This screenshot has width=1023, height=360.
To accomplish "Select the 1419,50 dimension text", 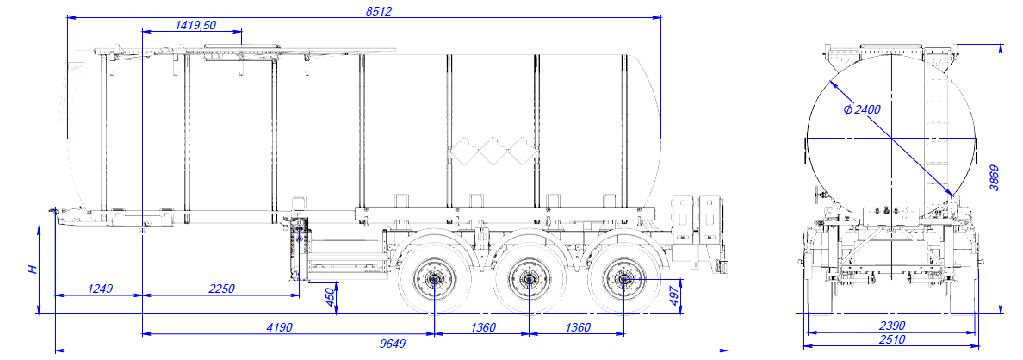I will [x=195, y=26].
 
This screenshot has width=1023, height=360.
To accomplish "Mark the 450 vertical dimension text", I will [x=329, y=296].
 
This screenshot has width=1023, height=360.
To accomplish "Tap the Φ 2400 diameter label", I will [x=862, y=109].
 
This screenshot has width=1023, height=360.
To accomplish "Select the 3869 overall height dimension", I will [x=995, y=178].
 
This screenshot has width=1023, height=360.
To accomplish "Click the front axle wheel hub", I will [x=433, y=279].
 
